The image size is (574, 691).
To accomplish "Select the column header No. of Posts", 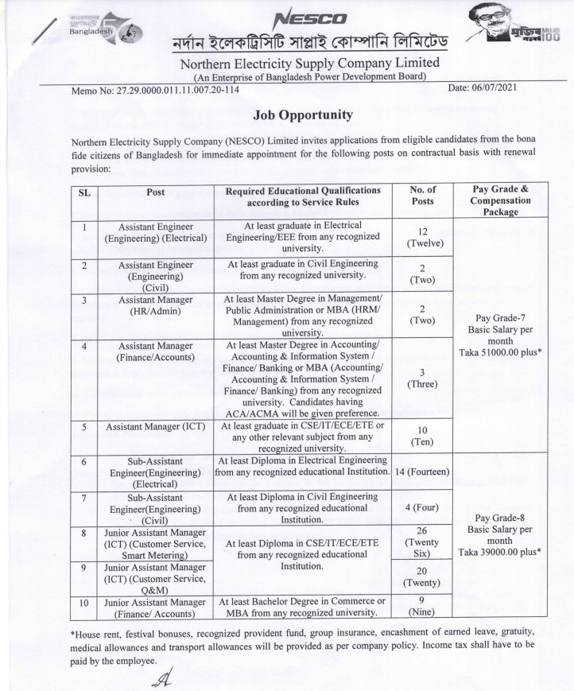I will [422, 196].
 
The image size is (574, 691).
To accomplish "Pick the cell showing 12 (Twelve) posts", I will [422, 237].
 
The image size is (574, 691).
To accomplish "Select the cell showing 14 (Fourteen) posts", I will [422, 472].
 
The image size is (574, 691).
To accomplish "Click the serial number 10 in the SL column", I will [83, 603].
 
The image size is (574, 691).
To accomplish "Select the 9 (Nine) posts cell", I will [422, 607].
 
